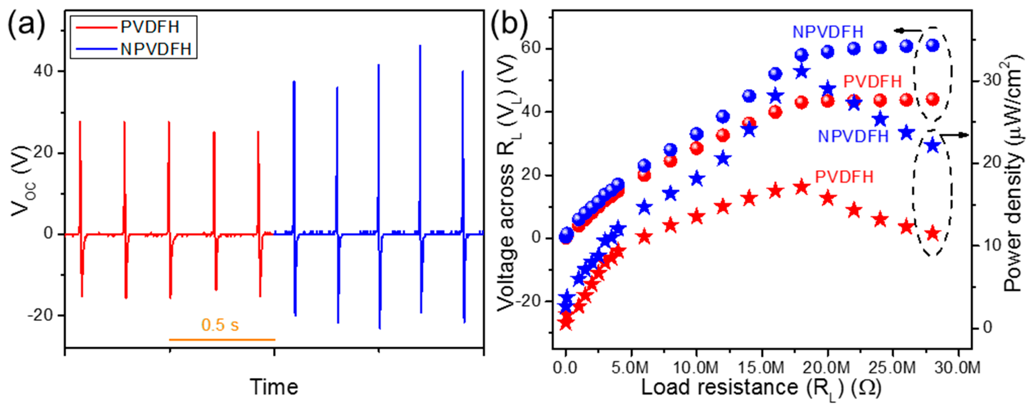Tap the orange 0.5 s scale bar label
click(220, 325)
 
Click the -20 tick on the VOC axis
click(40, 315)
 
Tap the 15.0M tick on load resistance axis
click(761, 367)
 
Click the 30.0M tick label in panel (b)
click(957, 367)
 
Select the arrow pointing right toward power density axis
click(957, 135)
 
